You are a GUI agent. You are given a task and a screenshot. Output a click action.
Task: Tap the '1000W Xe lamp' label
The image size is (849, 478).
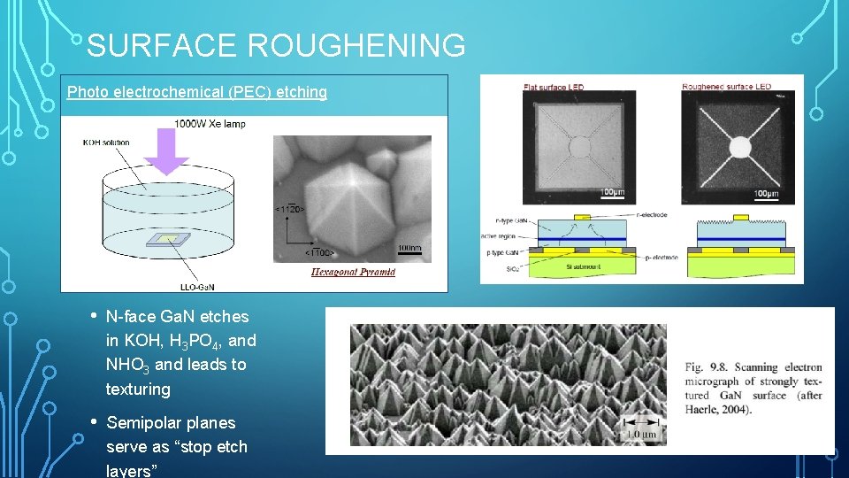tap(210, 124)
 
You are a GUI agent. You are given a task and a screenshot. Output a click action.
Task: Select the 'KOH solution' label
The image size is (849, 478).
tap(106, 142)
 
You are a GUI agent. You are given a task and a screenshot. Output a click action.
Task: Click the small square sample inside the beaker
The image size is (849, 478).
tap(166, 239)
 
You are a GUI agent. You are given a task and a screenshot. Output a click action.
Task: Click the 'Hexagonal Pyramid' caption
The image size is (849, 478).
tap(353, 272)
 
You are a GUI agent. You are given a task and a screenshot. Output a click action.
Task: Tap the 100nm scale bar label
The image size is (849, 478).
tap(409, 248)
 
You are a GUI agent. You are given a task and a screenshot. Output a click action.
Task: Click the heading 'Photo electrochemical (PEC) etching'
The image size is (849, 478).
tap(197, 92)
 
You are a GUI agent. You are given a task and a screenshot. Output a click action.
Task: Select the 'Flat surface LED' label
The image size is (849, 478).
tap(554, 87)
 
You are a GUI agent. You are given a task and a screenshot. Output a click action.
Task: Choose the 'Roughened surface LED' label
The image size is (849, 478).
tap(726, 87)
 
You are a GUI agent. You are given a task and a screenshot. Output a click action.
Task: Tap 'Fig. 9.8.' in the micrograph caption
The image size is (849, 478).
tap(707, 367)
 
